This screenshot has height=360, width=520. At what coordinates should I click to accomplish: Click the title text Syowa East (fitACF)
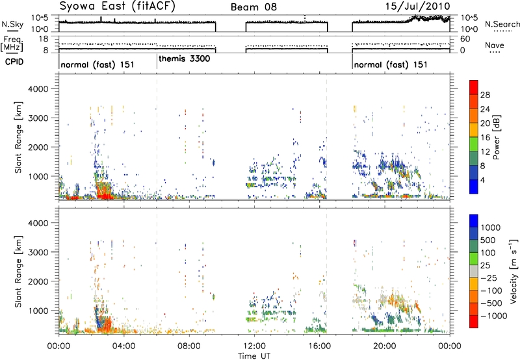point(118,6)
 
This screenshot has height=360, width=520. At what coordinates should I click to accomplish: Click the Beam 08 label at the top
point(253,7)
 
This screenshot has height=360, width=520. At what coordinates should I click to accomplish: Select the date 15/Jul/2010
point(417,6)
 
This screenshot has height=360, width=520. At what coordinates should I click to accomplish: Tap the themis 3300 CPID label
point(185,59)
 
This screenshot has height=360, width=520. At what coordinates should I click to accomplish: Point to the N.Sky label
point(12,24)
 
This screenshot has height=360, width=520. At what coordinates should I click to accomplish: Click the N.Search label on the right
point(502,24)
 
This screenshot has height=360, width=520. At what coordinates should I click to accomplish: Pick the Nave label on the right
point(495,45)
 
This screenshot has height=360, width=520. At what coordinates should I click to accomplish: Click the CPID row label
point(14,62)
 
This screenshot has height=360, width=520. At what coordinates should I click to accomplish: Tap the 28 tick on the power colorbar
point(485,95)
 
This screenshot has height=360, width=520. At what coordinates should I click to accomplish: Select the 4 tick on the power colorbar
point(482,181)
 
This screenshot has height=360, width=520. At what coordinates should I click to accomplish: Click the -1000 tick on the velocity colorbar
point(494,316)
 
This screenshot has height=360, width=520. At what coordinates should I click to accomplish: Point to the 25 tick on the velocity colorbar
point(486,266)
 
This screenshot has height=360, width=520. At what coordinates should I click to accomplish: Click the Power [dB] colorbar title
point(496,137)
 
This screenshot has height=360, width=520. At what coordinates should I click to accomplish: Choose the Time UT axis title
point(254,356)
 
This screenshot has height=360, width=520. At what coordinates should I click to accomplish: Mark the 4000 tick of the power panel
point(38,89)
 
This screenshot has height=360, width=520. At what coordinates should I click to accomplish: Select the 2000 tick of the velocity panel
point(38,281)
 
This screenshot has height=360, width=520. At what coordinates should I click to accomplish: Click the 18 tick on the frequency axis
point(44,39)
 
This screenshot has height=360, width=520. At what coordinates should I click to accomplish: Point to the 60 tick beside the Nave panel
point(465,39)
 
